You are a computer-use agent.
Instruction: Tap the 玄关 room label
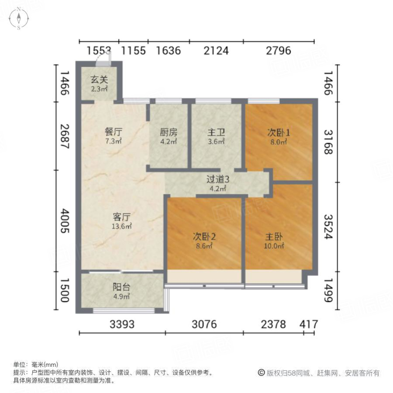(x=99, y=80)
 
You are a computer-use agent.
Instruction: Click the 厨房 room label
(x=168, y=131)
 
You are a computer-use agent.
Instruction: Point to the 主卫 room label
(x=216, y=131)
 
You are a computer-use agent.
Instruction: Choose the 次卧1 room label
(x=278, y=132)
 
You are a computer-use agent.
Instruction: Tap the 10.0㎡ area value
(x=275, y=246)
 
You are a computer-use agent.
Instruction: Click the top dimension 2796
(x=279, y=51)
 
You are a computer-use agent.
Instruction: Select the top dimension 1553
(x=99, y=51)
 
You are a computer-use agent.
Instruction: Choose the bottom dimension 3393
(x=122, y=324)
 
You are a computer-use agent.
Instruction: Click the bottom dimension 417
(x=309, y=324)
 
